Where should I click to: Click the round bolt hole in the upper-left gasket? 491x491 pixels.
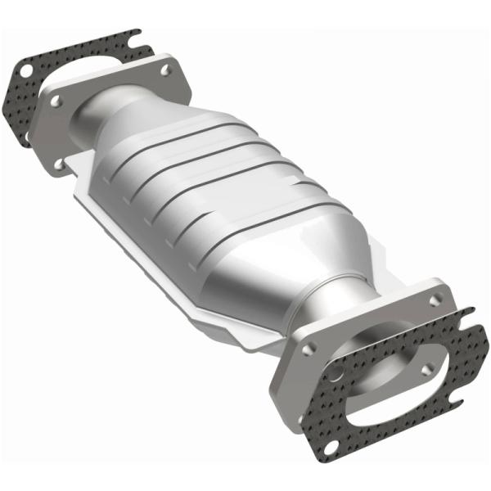(26, 71)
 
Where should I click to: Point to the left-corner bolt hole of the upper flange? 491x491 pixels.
(56, 102)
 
